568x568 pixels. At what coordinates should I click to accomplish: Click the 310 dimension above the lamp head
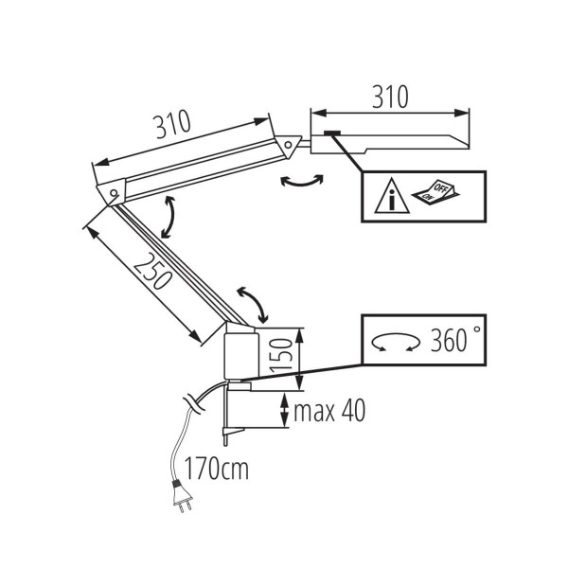pyautogui.click(x=388, y=96)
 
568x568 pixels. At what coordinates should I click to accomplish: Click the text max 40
pyautogui.click(x=328, y=412)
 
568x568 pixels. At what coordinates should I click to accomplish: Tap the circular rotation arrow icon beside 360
pyautogui.click(x=396, y=342)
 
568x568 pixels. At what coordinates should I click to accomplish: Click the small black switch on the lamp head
pyautogui.click(x=331, y=133)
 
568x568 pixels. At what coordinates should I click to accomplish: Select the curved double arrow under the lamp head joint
pyautogui.click(x=301, y=183)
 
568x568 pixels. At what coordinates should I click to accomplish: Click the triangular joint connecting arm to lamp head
pyautogui.click(x=289, y=144)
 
